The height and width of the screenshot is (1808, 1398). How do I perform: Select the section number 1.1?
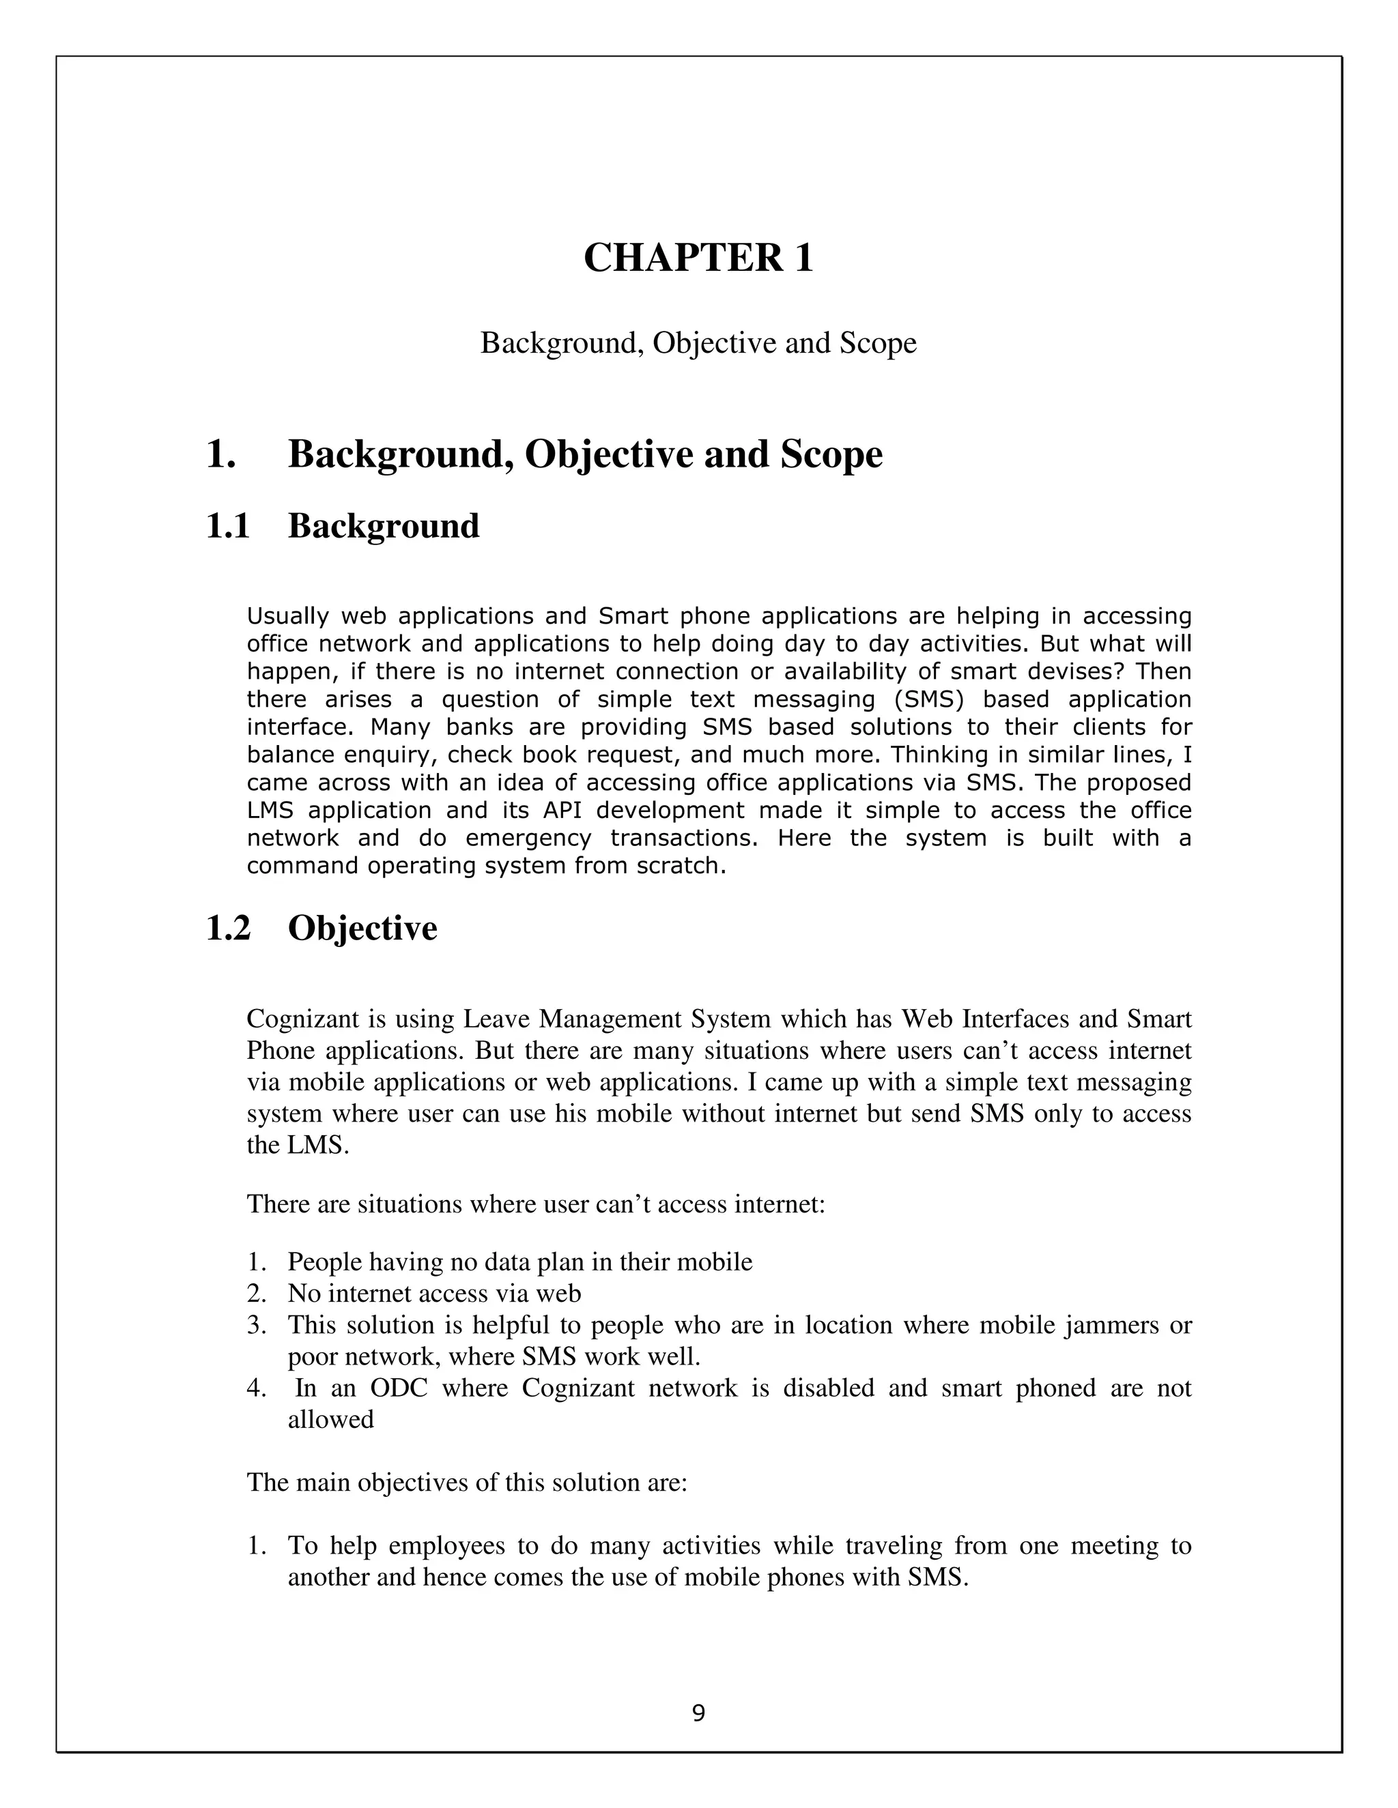pos(228,527)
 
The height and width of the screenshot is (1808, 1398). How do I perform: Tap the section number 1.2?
pos(228,928)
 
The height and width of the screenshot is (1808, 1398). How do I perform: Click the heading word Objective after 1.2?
pos(362,928)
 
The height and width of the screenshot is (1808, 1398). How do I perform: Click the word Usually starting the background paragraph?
pos(287,616)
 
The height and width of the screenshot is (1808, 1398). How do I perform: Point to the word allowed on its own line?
pos(330,1420)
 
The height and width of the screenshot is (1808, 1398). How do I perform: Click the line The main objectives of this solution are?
pos(467,1482)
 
